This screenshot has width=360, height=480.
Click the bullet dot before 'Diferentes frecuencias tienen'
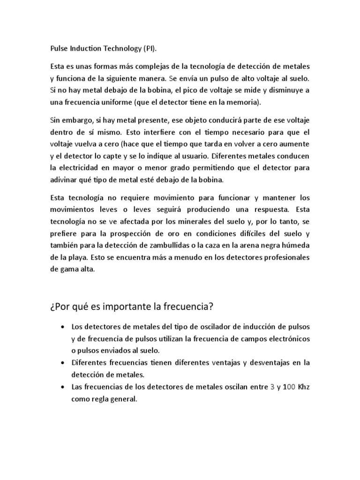click(x=63, y=363)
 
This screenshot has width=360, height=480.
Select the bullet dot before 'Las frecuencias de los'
click(x=63, y=387)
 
